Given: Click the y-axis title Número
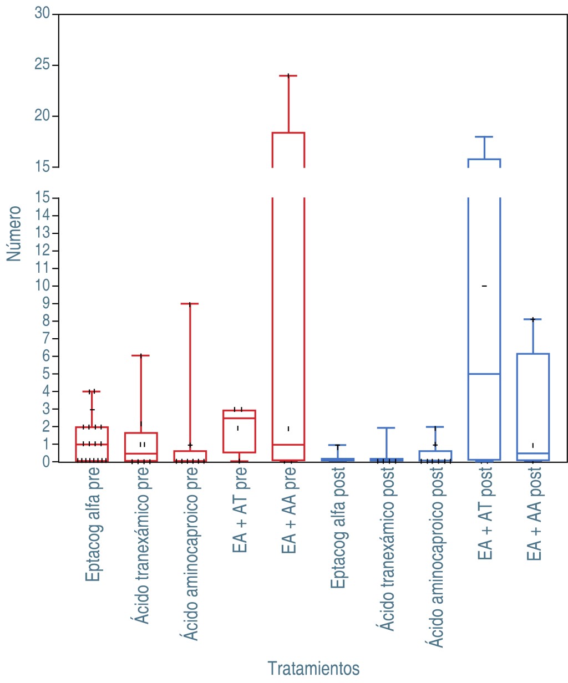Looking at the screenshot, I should pyautogui.click(x=14, y=233).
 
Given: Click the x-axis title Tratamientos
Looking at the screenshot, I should pyautogui.click(x=313, y=668).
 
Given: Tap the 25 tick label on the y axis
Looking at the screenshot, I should pyautogui.click(x=42, y=65).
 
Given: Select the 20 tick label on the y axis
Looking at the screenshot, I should pyautogui.click(x=42, y=116).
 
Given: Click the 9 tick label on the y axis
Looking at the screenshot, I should pyautogui.click(x=46, y=303).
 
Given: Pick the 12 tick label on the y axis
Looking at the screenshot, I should pyautogui.click(x=42, y=251).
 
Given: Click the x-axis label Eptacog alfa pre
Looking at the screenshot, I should pyautogui.click(x=93, y=524).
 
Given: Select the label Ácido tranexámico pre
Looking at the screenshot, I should pyautogui.click(x=143, y=546).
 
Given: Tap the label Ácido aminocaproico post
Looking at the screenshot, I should pyautogui.click(x=437, y=557).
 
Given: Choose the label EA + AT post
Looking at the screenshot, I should pyautogui.click(x=485, y=513).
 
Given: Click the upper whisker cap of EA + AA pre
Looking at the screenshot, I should pyautogui.click(x=288, y=75).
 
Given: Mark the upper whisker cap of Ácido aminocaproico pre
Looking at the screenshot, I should pyautogui.click(x=190, y=304).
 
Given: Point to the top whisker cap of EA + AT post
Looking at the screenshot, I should pyautogui.click(x=484, y=137).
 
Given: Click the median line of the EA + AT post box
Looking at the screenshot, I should pyautogui.click(x=484, y=374).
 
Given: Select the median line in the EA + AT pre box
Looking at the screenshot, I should pyautogui.click(x=239, y=418).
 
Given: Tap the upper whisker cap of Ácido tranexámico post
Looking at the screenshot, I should pyautogui.click(x=387, y=428).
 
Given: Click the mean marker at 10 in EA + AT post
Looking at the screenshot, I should pyautogui.click(x=484, y=286).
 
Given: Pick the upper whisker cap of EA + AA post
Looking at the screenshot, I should pyautogui.click(x=533, y=319).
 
